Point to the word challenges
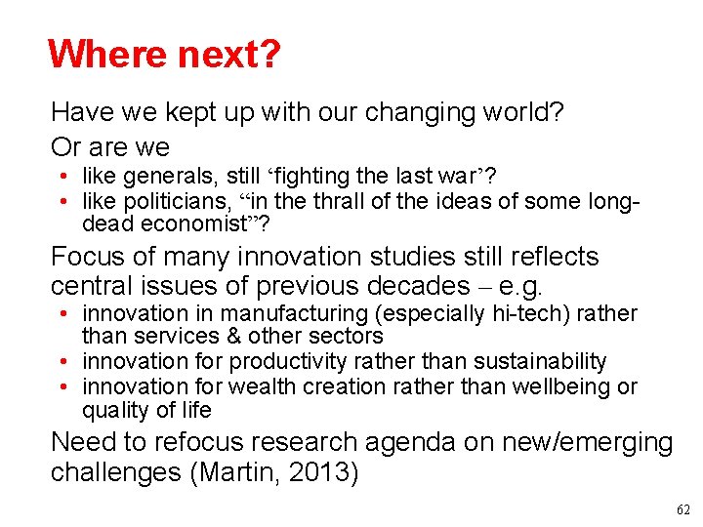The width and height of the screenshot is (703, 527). tap(119, 473)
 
